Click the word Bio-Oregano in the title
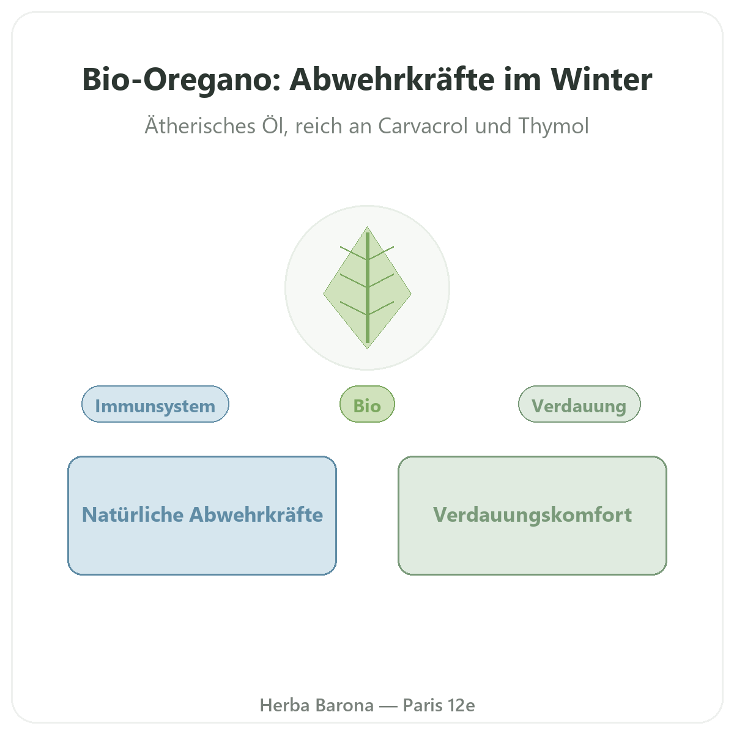coord(181,80)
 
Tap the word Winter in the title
coord(601,80)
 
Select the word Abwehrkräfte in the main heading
coord(392,80)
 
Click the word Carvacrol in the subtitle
coord(423,126)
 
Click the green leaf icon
coord(367,287)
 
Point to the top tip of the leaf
coord(367,227)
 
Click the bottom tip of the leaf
coord(367,349)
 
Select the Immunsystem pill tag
coord(155,404)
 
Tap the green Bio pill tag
coord(367,404)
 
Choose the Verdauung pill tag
coord(579,404)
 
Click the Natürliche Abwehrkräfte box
coord(202,516)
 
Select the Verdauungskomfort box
coord(533,516)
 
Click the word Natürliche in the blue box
coord(133,514)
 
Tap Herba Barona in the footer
coord(317,705)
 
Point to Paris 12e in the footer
coord(439,705)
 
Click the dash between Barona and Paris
coord(388,706)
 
